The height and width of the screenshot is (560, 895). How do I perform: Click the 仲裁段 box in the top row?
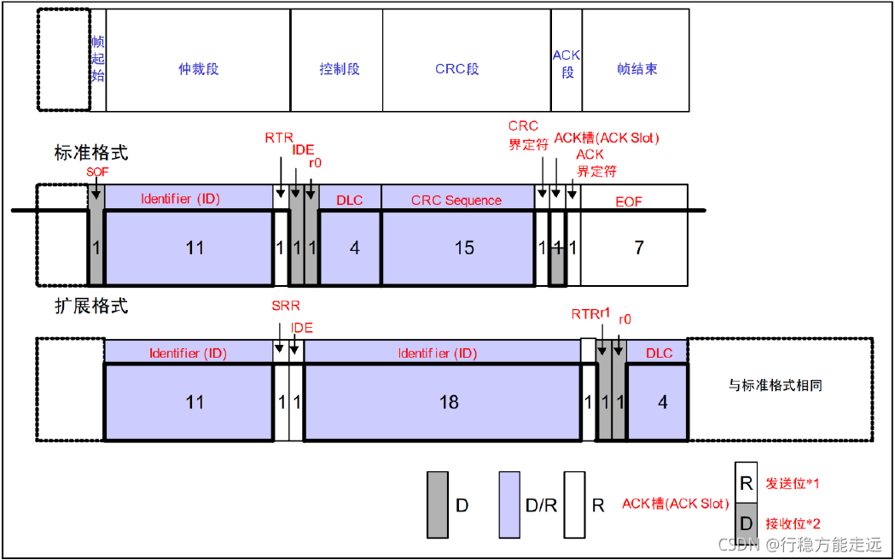[x=198, y=69]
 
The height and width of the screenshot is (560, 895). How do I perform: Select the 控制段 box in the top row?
[x=339, y=69]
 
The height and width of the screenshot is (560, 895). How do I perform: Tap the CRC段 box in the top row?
[x=457, y=69]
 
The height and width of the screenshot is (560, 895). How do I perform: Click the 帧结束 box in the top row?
[x=636, y=69]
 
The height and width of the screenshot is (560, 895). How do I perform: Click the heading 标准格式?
[x=90, y=154]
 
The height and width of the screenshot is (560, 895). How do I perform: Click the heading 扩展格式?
[x=90, y=305]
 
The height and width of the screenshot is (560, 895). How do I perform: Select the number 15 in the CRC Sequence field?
[x=464, y=248]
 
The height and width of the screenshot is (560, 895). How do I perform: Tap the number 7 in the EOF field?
[x=639, y=248]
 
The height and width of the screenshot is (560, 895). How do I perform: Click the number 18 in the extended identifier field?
[x=449, y=401]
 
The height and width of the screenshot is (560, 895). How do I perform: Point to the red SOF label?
[x=98, y=172]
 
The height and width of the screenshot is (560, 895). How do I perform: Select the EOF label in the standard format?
[x=629, y=201]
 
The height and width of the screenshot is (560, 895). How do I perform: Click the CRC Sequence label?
[x=456, y=201]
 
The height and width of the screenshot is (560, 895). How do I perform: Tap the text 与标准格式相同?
[x=775, y=386]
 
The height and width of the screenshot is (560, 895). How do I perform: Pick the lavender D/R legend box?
[x=509, y=505]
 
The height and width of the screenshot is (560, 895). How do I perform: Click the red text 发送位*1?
[x=793, y=483]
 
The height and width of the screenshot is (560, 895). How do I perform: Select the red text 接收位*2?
[x=793, y=523]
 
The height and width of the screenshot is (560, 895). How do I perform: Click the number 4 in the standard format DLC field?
[x=355, y=248]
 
